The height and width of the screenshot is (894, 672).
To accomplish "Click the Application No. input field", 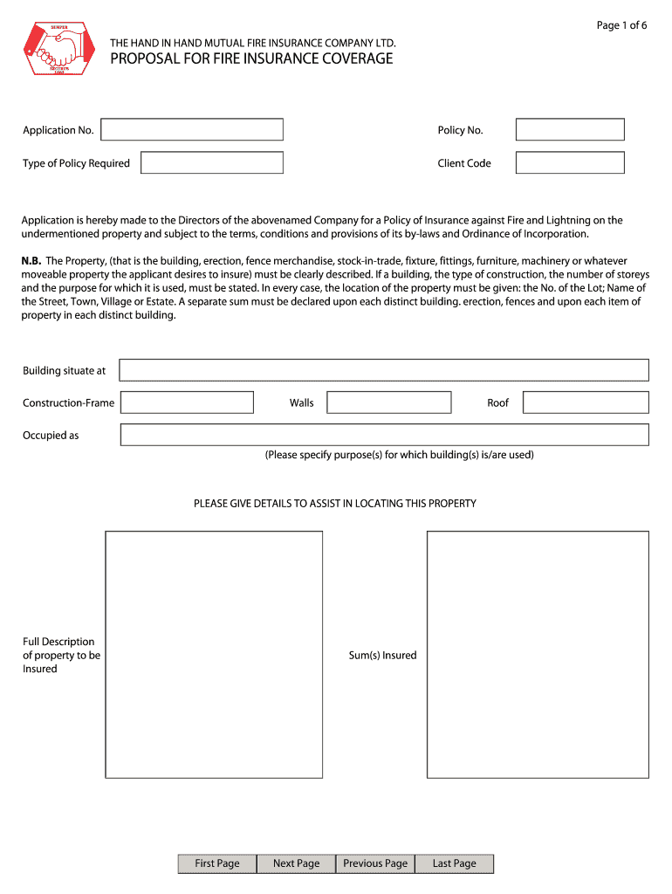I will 192,130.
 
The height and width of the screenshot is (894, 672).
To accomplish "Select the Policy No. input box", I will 570,130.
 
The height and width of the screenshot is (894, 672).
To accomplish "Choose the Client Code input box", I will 570,163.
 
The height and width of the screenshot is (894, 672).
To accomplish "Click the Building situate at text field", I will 384,370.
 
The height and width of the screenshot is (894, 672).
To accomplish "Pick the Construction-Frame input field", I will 186,402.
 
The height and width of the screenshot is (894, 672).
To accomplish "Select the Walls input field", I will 388,402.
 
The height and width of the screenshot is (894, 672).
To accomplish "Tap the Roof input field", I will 586,402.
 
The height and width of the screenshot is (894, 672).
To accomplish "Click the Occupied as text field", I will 384,435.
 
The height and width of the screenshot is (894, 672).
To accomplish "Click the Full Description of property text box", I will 214,654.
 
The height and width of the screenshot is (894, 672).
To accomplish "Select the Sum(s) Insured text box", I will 538,654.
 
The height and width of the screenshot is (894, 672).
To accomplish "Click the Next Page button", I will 296,863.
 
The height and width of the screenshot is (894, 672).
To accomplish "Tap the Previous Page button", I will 375,863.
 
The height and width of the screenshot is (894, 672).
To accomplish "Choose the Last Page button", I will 455,863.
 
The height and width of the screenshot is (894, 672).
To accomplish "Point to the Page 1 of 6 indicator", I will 621,25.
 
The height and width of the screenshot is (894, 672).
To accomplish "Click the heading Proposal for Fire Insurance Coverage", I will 251,59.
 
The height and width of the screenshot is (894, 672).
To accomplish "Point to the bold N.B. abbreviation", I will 31,261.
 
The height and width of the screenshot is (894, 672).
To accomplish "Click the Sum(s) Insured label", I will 382,656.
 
